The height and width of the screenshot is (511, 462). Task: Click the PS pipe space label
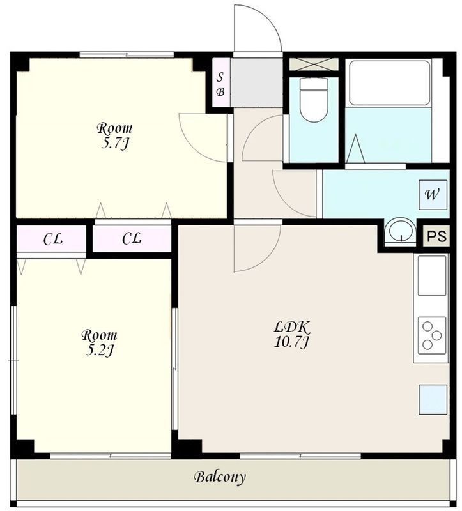point(436,235)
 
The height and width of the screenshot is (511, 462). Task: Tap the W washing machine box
point(433,195)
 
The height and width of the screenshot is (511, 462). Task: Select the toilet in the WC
point(314,99)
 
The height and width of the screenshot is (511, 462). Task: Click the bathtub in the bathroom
point(389,83)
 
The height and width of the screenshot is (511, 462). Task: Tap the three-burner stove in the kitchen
point(432,335)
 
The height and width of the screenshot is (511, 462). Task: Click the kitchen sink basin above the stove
point(432,276)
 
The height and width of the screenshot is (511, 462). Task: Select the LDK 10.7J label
point(291,334)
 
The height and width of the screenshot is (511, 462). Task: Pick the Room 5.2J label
point(99,343)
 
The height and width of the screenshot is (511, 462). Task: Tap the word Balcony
point(219,477)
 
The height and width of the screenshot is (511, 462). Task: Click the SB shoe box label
point(220,85)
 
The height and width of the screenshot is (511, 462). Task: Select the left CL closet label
point(53,240)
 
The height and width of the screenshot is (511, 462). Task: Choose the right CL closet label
point(132,238)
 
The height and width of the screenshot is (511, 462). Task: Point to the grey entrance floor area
point(257,82)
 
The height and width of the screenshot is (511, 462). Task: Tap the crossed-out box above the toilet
point(314,64)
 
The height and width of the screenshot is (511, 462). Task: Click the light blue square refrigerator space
point(433,400)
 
